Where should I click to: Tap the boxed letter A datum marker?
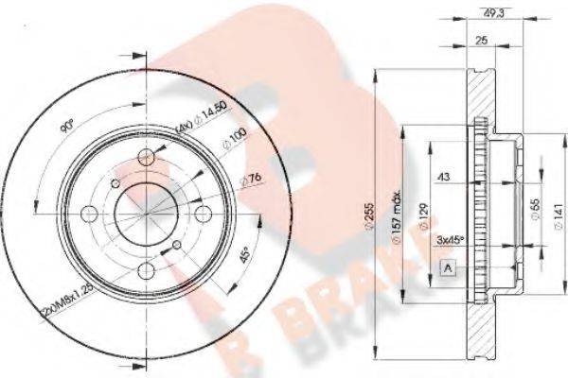(446, 270)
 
